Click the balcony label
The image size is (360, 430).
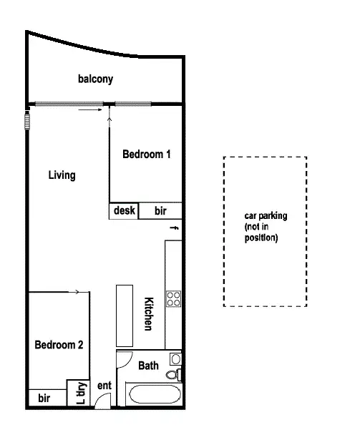pyautogui.click(x=96, y=79)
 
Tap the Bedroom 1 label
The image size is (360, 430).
pyautogui.click(x=146, y=154)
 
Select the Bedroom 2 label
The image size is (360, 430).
pyautogui.click(x=59, y=345)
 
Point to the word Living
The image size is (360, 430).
pyautogui.click(x=62, y=175)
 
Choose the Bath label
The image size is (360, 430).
pyautogui.click(x=148, y=366)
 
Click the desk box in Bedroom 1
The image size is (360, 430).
pyautogui.click(x=124, y=211)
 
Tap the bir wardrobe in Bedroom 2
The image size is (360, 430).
pyautogui.click(x=44, y=398)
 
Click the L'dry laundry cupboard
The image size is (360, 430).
pyautogui.click(x=79, y=392)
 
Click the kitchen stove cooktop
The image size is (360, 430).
pyautogui.click(x=173, y=298)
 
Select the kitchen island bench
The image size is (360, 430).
pyautogui.click(x=125, y=316)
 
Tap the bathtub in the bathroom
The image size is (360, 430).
pyautogui.click(x=154, y=395)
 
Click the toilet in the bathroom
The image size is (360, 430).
pyautogui.click(x=173, y=374)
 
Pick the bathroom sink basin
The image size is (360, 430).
pyautogui.click(x=175, y=359)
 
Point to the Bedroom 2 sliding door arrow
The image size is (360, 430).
pyautogui.click(x=74, y=292)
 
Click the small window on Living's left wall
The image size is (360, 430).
pyautogui.click(x=28, y=119)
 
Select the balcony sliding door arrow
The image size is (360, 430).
pyautogui.click(x=89, y=110)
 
